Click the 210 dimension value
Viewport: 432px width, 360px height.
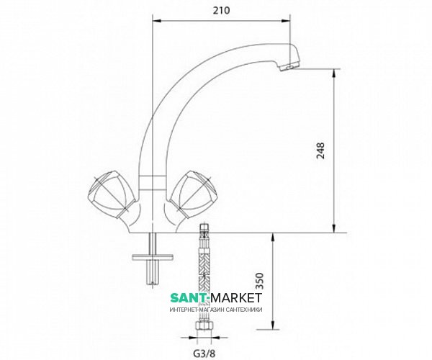(x=221, y=11)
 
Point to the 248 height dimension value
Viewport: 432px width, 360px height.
(x=320, y=150)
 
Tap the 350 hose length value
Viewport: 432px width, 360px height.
(x=260, y=281)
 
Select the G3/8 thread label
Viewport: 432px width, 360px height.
(x=204, y=353)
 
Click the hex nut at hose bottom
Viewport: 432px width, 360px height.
(x=204, y=326)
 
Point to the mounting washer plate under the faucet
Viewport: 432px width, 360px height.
(x=153, y=257)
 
